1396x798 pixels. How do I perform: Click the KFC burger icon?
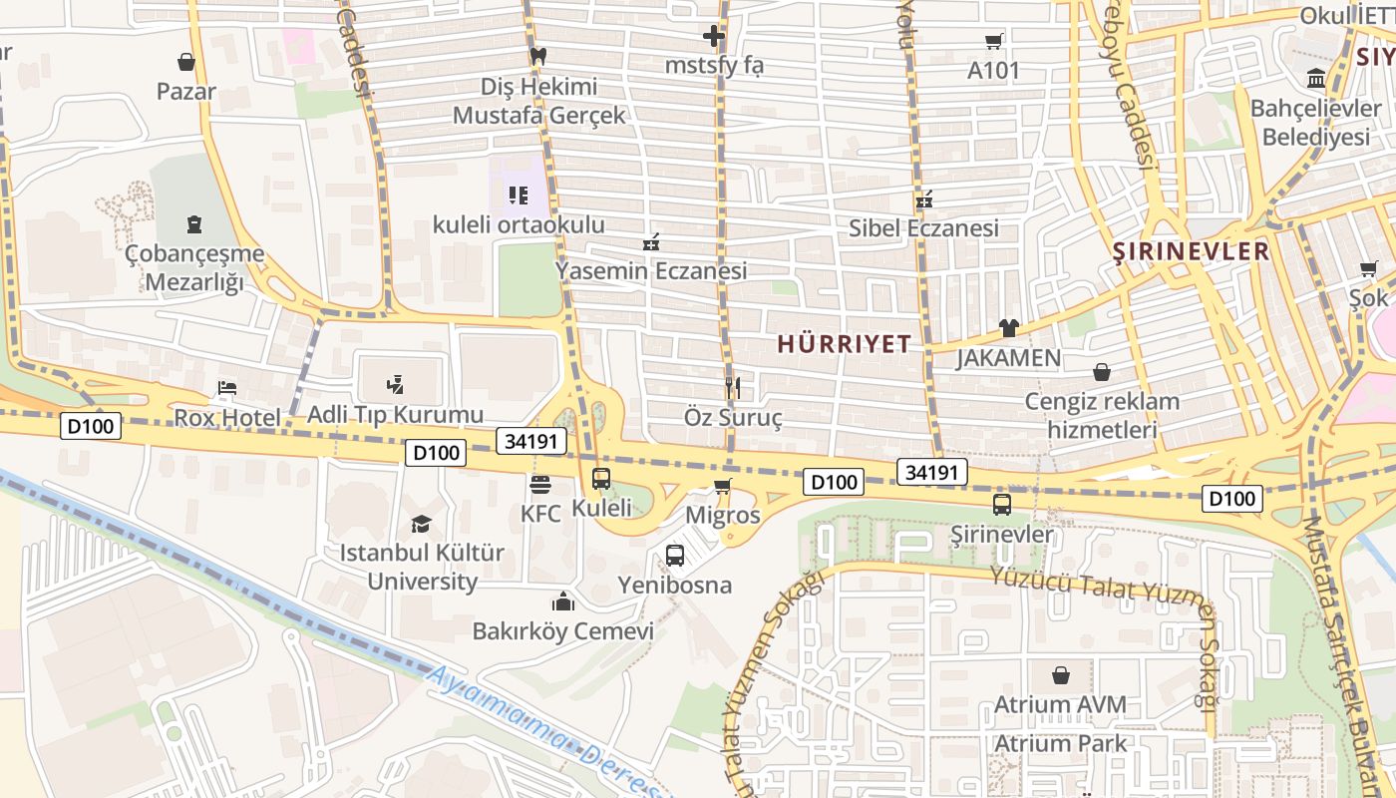pos(540,485)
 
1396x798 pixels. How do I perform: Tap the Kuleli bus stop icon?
pos(601,479)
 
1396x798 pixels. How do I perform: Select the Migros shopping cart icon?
pos(723,487)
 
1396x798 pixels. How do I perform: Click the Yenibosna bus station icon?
pos(675,556)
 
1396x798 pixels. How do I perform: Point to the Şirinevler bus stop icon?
pos(1002,505)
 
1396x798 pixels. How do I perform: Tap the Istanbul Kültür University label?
pos(422,567)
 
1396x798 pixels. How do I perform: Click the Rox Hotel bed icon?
pos(227,388)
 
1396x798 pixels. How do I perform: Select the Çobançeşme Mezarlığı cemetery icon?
pos(193,224)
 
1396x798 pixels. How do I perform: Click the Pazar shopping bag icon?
pos(185,62)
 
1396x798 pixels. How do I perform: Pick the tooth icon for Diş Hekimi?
pos(538,56)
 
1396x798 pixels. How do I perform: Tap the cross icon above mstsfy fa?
pos(714,37)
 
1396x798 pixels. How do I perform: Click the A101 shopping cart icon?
pos(993,41)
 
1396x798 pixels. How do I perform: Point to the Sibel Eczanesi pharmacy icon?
pos(923,199)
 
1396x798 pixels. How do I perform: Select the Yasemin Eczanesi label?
pos(650,271)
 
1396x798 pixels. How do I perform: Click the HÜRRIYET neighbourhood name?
pos(844,344)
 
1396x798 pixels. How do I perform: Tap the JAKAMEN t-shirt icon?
pos(1008,328)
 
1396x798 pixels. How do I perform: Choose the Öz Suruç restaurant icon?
pos(733,387)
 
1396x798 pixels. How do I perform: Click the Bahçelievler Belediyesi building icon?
pos(1316,78)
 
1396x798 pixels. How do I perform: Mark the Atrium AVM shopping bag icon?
pos(1060,675)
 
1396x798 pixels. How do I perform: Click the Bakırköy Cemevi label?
pos(562,631)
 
